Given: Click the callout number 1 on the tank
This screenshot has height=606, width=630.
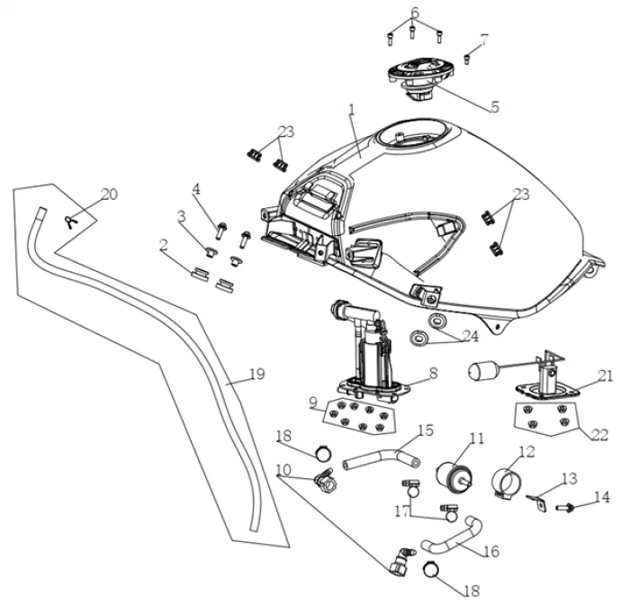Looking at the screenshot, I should (x=352, y=111).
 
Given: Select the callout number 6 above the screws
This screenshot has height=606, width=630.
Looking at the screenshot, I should (x=415, y=12).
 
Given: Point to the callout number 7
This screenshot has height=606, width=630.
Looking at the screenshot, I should (x=484, y=40).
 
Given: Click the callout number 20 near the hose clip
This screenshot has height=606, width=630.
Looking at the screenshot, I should (x=109, y=194).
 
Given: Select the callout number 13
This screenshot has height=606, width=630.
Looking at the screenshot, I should (x=569, y=478).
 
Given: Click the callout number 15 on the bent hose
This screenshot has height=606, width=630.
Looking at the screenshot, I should (x=425, y=430).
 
